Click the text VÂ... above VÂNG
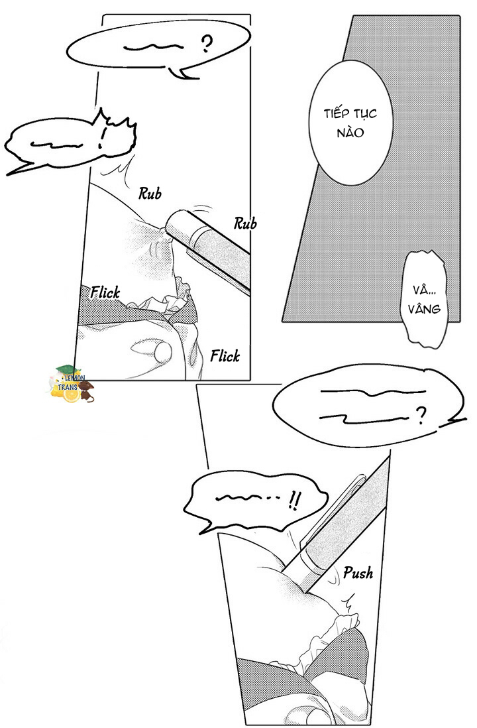click(425, 290)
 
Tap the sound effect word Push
click(357, 573)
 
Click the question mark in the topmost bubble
click(207, 44)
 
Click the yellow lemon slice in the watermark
click(70, 396)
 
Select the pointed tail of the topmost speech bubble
click(179, 72)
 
